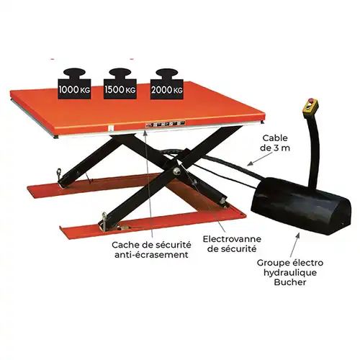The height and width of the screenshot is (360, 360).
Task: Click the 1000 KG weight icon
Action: tap(74, 84)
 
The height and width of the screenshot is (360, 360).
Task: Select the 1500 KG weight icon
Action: tap(120, 84)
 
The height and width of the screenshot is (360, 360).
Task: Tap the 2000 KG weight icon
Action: tap(167, 84)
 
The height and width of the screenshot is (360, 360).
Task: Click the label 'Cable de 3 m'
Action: tap(275, 143)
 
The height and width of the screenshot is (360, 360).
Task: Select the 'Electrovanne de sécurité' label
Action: tap(232, 244)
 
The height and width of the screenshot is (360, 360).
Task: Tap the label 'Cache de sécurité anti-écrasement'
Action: tap(151, 250)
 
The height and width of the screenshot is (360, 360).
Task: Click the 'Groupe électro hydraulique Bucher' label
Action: tap(290, 272)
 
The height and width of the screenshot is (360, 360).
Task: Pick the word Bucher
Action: tap(290, 282)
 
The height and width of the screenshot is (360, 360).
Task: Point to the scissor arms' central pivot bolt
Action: tap(177, 171)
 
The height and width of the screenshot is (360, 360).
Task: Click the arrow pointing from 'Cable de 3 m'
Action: tap(258, 159)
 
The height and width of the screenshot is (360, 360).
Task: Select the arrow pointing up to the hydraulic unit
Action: tap(294, 244)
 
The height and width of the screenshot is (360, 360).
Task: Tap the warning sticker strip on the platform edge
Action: tap(165, 124)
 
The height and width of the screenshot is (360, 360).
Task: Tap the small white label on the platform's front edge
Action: tap(110, 128)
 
